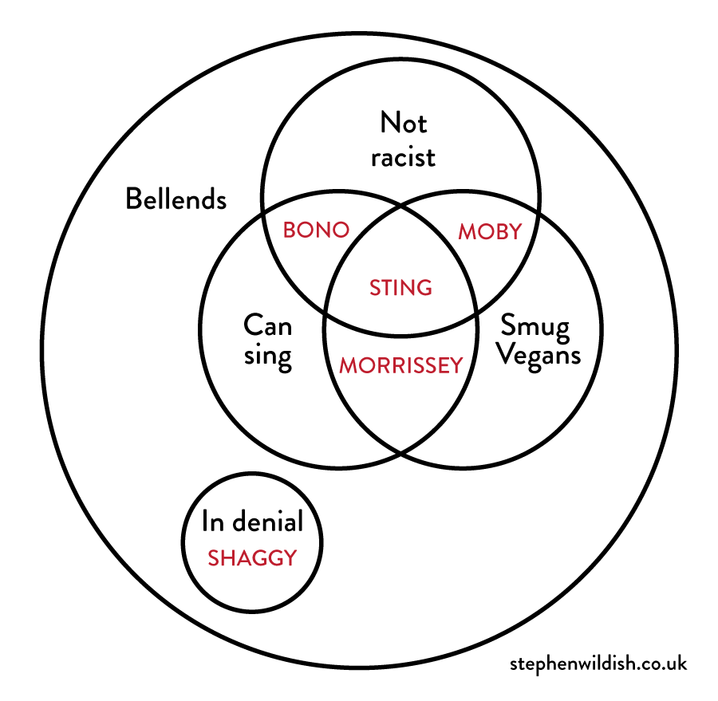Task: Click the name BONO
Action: point(317,230)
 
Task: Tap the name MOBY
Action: point(490,231)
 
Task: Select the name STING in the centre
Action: point(400,287)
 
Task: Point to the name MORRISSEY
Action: point(400,365)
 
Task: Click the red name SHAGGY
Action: point(252,558)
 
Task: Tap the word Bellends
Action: point(176,199)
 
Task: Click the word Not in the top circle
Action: point(404,124)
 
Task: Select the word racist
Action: point(404,156)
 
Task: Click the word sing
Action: point(267,356)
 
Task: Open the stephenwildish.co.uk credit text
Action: point(598,663)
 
